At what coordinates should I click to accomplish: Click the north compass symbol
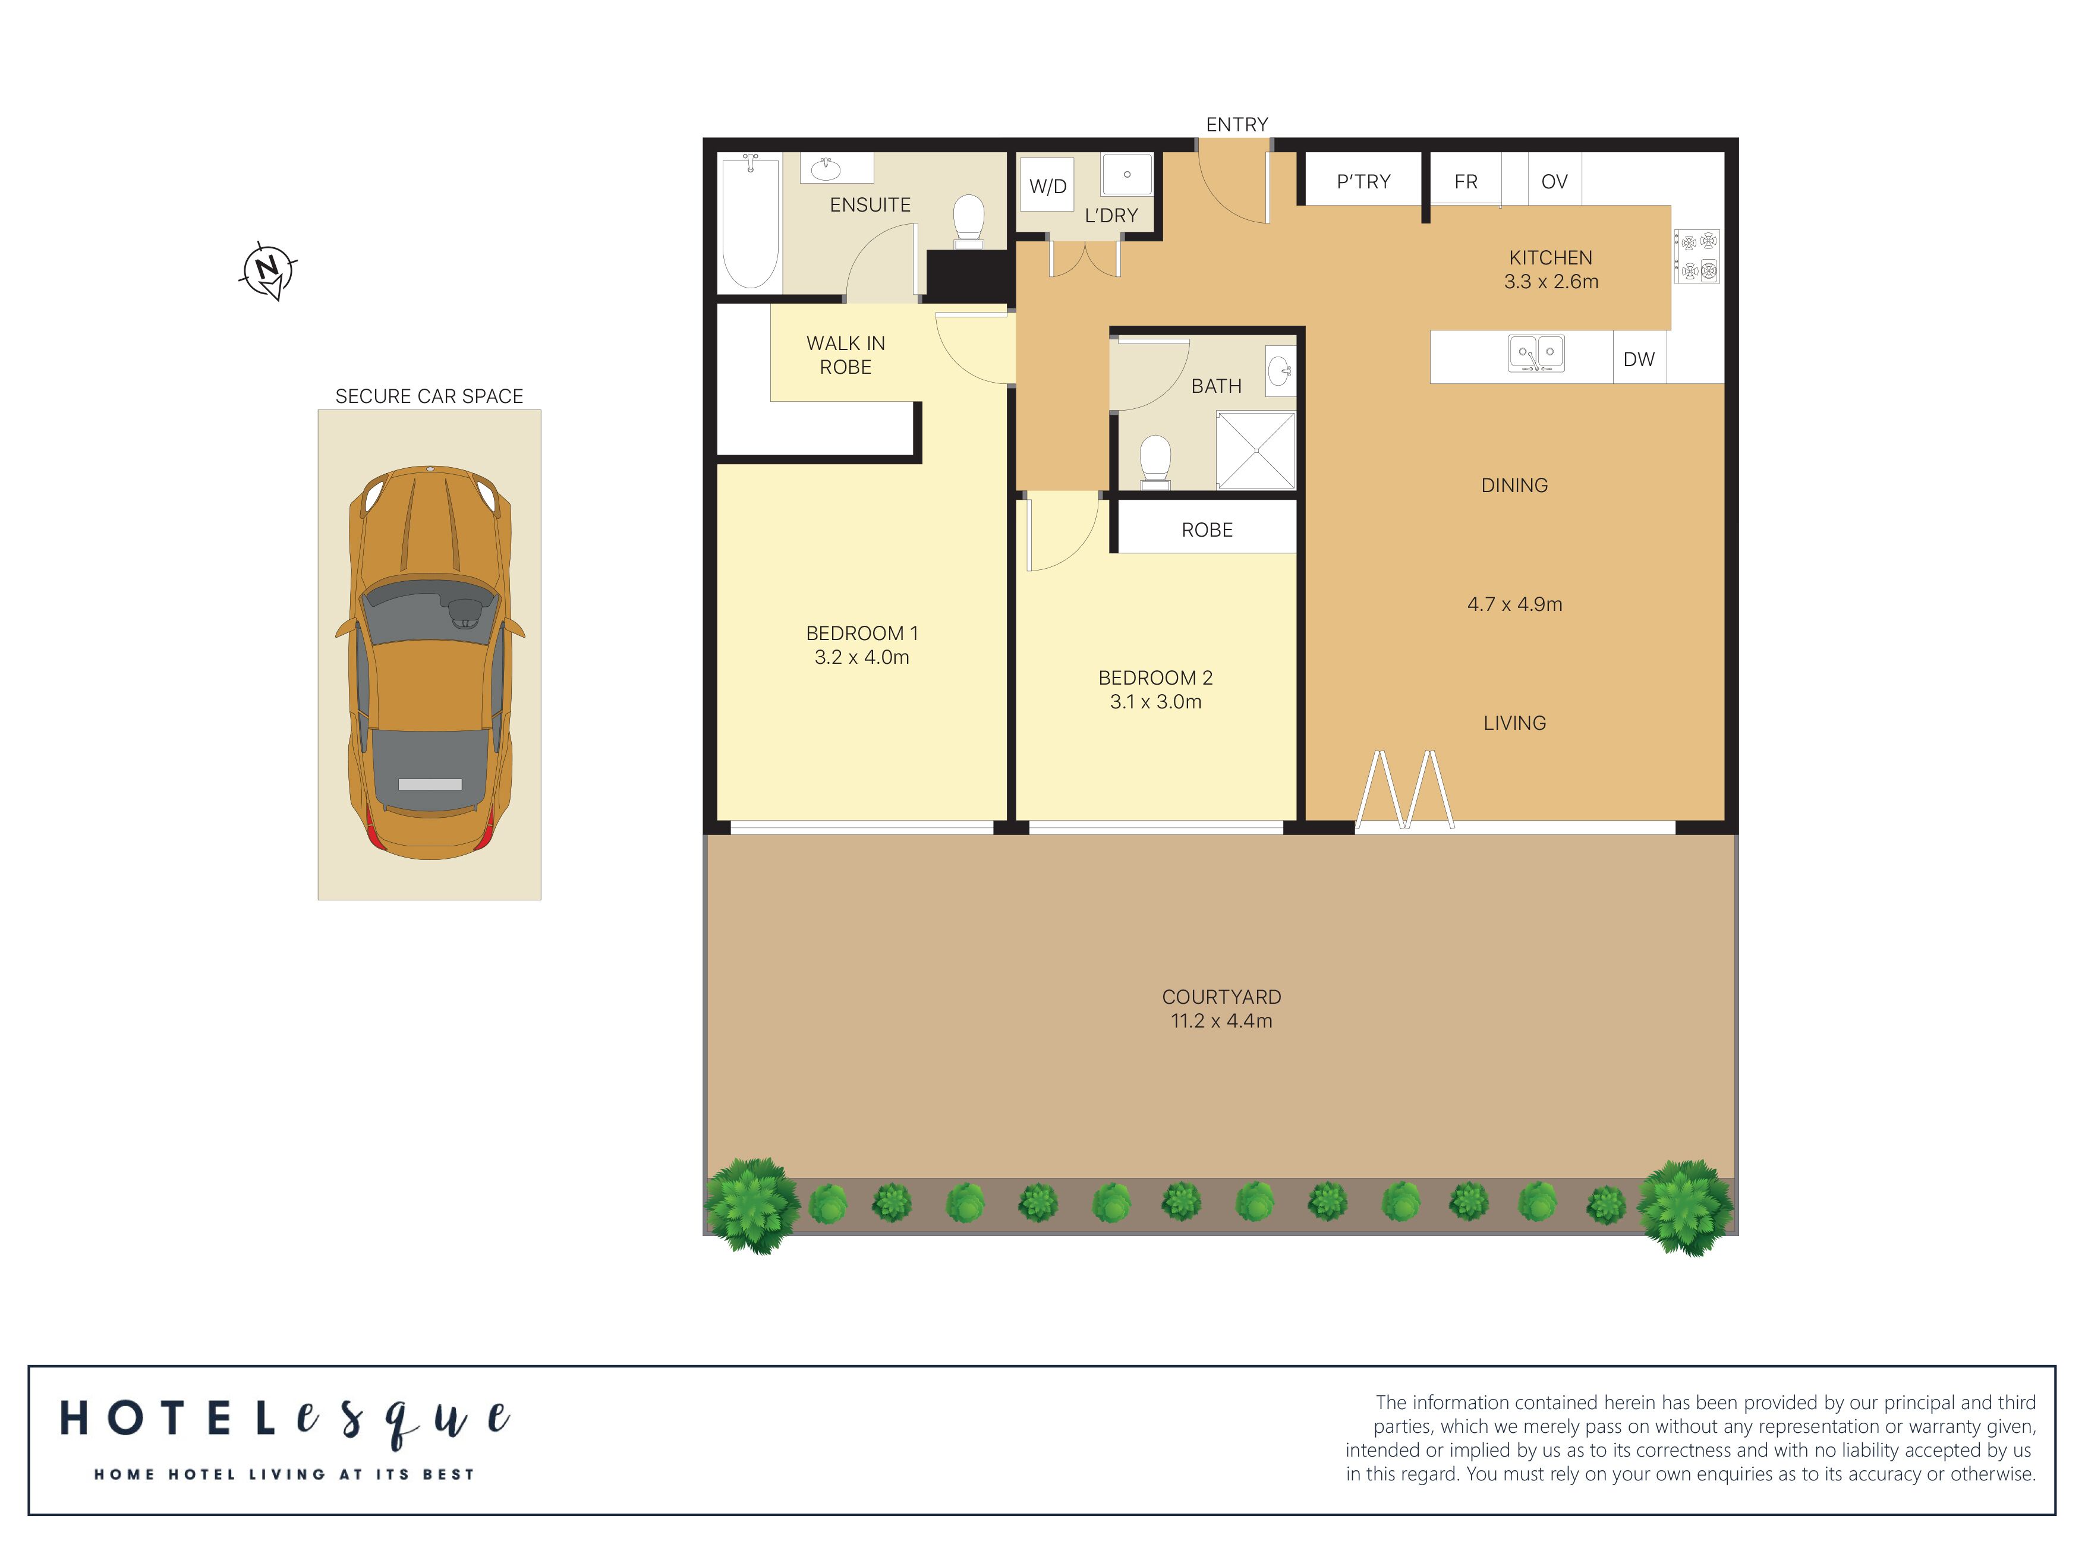(269, 270)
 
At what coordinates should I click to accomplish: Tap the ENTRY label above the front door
(1237, 124)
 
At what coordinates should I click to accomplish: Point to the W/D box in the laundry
(1047, 185)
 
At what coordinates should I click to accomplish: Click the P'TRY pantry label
(1363, 181)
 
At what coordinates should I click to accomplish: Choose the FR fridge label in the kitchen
(1466, 181)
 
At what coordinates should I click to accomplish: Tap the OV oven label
(1554, 181)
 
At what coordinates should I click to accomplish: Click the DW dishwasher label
(1638, 359)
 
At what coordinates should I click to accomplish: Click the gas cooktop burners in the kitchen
(1697, 256)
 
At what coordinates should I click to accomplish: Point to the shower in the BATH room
(1255, 450)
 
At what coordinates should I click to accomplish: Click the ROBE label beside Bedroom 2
(1207, 530)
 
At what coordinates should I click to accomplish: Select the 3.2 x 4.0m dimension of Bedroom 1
(862, 657)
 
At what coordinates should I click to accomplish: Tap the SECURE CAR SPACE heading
(429, 396)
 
